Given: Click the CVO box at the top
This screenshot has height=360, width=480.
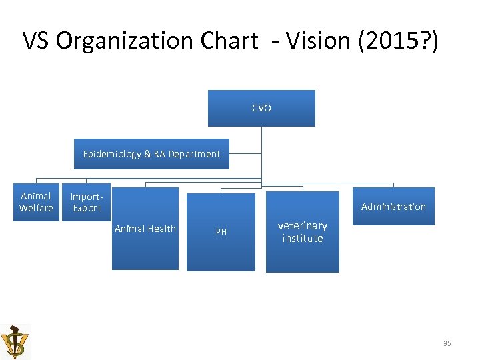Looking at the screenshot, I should click(x=261, y=108).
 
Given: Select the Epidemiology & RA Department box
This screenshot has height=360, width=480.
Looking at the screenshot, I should click(x=151, y=154).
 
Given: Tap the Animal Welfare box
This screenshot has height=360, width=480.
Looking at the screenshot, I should click(x=36, y=202).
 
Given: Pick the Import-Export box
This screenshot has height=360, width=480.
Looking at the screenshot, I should click(x=87, y=203).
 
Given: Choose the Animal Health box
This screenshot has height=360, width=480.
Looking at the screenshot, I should click(x=145, y=229).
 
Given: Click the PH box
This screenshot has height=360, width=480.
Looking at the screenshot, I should click(x=221, y=232).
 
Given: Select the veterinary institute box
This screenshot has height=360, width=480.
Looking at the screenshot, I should click(x=302, y=232).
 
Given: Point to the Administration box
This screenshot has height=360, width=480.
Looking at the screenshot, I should click(x=393, y=207).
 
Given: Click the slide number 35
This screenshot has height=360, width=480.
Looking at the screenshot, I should click(x=447, y=343).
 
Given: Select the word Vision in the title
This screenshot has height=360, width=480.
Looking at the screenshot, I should click(x=317, y=41).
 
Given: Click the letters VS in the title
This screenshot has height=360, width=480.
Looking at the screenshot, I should click(x=37, y=41).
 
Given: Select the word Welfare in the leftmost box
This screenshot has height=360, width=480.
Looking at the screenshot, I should click(x=36, y=208).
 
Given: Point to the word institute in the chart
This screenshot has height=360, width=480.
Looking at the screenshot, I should click(x=302, y=238).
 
